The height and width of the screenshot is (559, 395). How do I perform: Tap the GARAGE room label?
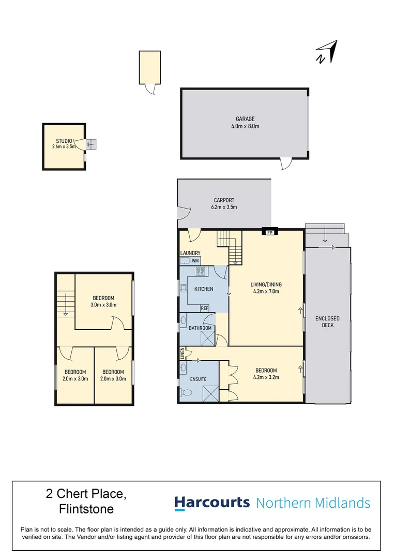coord(246,119)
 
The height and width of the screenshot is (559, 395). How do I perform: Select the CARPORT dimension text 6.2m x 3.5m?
coord(224,207)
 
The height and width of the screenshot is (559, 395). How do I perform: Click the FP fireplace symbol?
coord(269,233)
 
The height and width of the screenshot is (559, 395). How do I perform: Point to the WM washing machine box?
coord(195,261)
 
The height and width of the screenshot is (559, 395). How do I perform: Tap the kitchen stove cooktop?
coord(201,271)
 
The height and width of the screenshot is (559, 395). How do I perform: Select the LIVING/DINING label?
coord(266,284)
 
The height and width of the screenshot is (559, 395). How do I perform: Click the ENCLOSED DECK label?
coord(327,322)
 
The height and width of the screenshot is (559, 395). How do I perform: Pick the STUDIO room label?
coord(64,141)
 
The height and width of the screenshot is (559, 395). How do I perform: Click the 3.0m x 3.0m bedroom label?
coord(103,301)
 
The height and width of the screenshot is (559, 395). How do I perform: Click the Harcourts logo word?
coord(211,503)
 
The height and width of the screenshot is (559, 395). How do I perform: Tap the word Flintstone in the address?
coord(86,509)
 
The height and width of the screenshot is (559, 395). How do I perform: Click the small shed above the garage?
coord(149,67)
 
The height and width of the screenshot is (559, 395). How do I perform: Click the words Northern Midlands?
coord(313,503)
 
